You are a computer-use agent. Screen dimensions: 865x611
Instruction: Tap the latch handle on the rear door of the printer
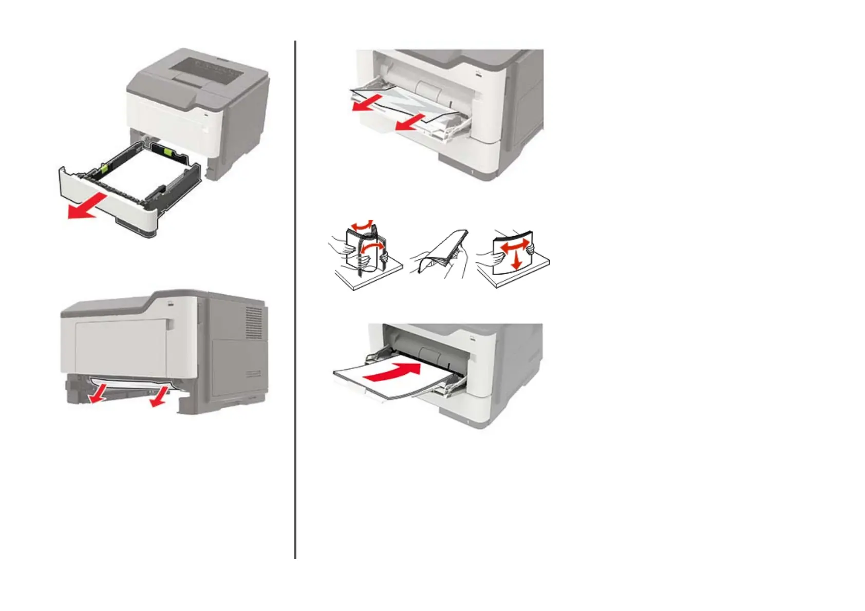click(x=171, y=324)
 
